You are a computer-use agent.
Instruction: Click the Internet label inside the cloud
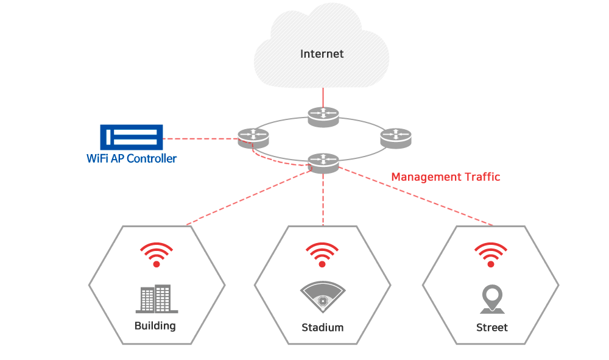coord(322,54)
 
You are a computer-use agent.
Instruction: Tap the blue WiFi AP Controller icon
coord(132,138)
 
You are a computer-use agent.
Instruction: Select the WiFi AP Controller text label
coord(132,159)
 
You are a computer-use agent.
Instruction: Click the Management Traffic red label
coord(445,177)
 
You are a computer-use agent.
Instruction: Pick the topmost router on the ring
coord(323,117)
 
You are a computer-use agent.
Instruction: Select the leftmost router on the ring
coord(253,138)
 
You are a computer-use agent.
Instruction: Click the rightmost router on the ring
coord(396,138)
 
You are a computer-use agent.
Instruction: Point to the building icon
coord(153,299)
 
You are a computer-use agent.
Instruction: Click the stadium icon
coord(323,297)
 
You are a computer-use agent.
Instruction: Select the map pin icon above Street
coord(492,298)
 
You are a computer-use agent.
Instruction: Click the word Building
coord(155,326)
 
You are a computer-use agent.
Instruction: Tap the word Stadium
coord(323,328)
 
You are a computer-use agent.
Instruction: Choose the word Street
coord(492,328)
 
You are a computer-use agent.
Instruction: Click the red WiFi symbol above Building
coord(157,255)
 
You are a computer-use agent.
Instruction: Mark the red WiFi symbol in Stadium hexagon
coord(323,255)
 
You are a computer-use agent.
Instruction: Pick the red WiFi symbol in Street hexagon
coord(491,255)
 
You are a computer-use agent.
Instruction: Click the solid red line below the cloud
coord(323,97)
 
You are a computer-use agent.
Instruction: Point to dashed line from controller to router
coord(201,138)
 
